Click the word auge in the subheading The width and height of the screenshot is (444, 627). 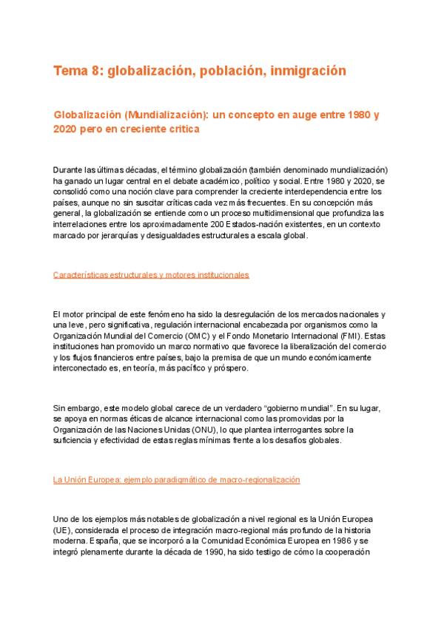[x=277, y=115]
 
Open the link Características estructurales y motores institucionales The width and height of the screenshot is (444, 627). [x=151, y=275]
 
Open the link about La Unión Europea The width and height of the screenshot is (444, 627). [x=177, y=480]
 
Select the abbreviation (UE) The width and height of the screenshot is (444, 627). [x=64, y=531]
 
